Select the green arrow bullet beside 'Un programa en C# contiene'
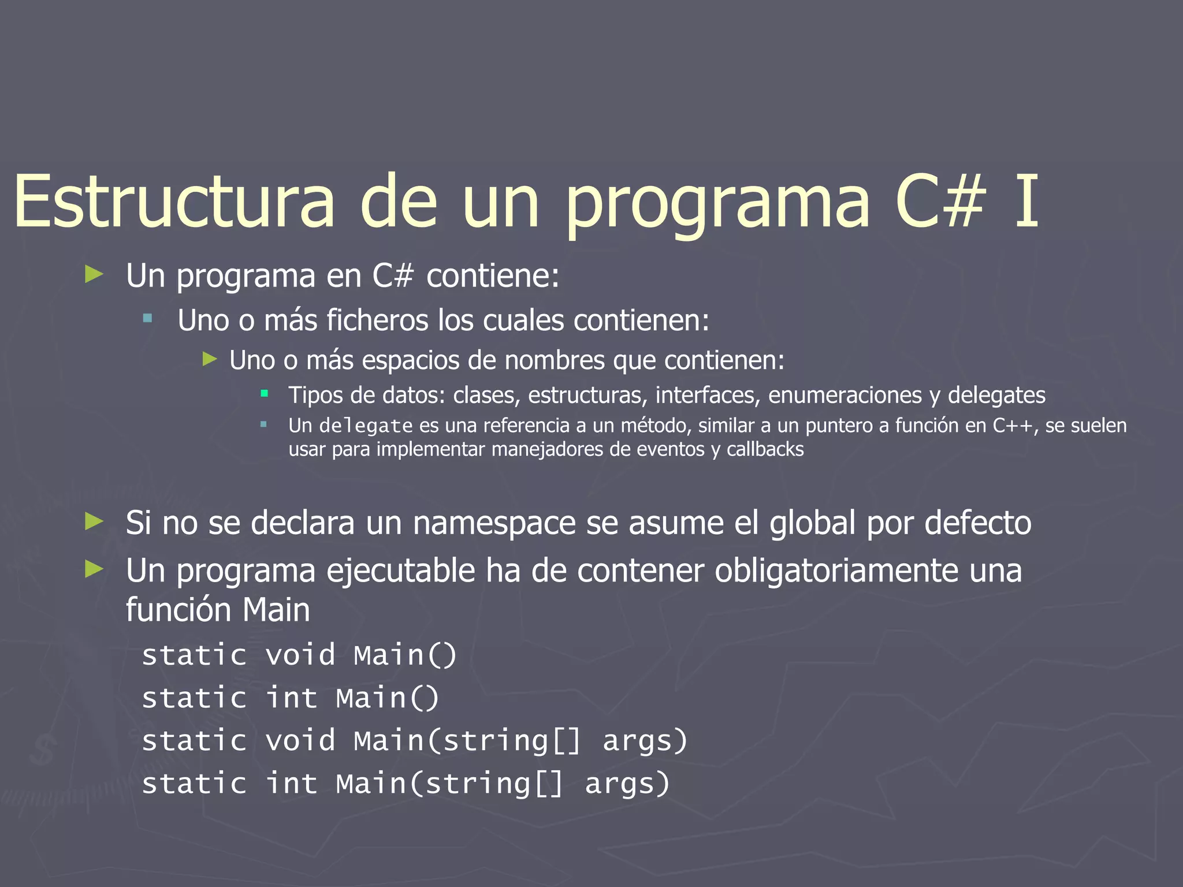pyautogui.click(x=94, y=274)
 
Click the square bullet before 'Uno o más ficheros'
pyautogui.click(x=148, y=318)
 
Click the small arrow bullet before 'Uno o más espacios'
pyautogui.click(x=210, y=360)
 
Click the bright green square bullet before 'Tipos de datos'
pyautogui.click(x=265, y=394)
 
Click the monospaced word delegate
pyautogui.click(x=366, y=426)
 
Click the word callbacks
pyautogui.click(x=765, y=449)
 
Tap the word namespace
pyautogui.click(x=494, y=523)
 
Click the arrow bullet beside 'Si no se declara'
pyautogui.click(x=94, y=521)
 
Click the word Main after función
pyautogui.click(x=276, y=610)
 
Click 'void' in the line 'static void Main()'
pyautogui.click(x=300, y=655)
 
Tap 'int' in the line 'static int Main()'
pyautogui.click(x=292, y=698)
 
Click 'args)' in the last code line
pyautogui.click(x=627, y=784)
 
